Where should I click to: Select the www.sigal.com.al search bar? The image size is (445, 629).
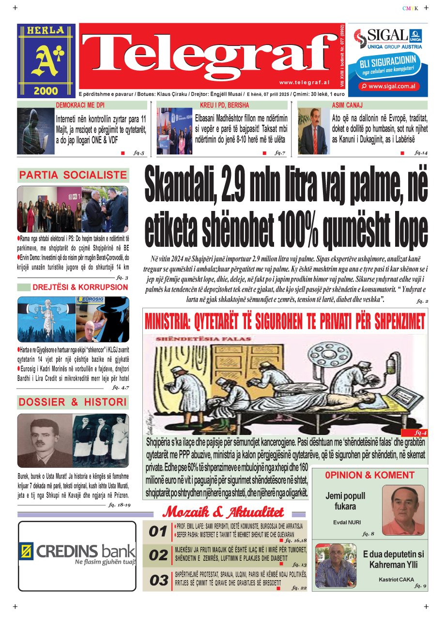point(384,86)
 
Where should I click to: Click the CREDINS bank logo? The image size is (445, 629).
point(77,552)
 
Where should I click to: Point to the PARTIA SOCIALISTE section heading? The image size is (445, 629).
point(73,175)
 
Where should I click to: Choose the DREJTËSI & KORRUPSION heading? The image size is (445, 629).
point(80,287)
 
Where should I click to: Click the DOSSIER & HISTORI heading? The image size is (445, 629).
point(73,402)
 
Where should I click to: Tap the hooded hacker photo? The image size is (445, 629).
point(35,131)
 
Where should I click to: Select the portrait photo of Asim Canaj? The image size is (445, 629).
point(313,131)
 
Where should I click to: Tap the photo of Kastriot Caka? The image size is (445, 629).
point(335,565)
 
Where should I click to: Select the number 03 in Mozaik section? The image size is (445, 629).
point(158,581)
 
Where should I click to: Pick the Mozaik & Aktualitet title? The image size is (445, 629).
point(224,512)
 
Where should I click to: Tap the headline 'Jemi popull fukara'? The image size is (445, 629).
point(345,501)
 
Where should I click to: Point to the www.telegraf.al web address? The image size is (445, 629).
point(304,82)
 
